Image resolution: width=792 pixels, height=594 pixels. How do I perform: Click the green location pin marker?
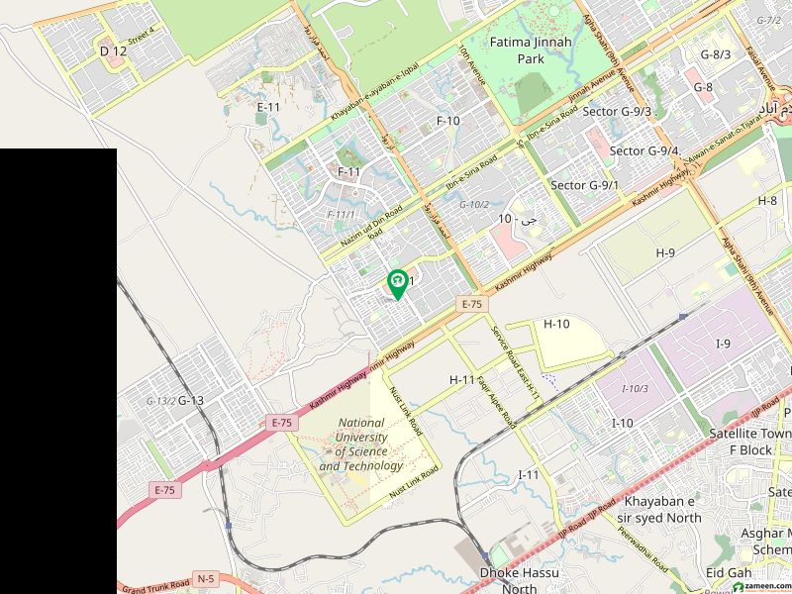pos(397,284)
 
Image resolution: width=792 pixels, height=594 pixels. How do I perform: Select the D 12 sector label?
pos(114,50)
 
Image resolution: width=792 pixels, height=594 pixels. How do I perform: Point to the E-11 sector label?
pos(268,107)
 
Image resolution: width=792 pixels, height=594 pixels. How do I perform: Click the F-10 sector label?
pos(448,121)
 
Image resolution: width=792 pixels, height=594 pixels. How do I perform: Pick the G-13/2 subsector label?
pos(160,401)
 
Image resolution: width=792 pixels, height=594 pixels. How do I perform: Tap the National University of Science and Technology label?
pos(361,444)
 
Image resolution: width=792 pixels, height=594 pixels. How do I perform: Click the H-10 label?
pos(557,324)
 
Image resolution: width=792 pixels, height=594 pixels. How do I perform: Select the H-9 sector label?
pos(665,253)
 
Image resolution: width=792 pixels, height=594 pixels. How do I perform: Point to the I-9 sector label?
pos(724,344)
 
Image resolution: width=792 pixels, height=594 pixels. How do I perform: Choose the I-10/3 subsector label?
pos(635,388)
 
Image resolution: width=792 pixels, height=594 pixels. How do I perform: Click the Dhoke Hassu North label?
pos(507,580)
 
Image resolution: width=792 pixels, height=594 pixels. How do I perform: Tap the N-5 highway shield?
pos(206,577)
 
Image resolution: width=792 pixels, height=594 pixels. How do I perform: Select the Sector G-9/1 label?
pos(584,185)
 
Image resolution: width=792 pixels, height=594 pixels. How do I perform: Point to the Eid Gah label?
pos(729,573)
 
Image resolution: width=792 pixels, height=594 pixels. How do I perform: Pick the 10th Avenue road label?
pos(471,64)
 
